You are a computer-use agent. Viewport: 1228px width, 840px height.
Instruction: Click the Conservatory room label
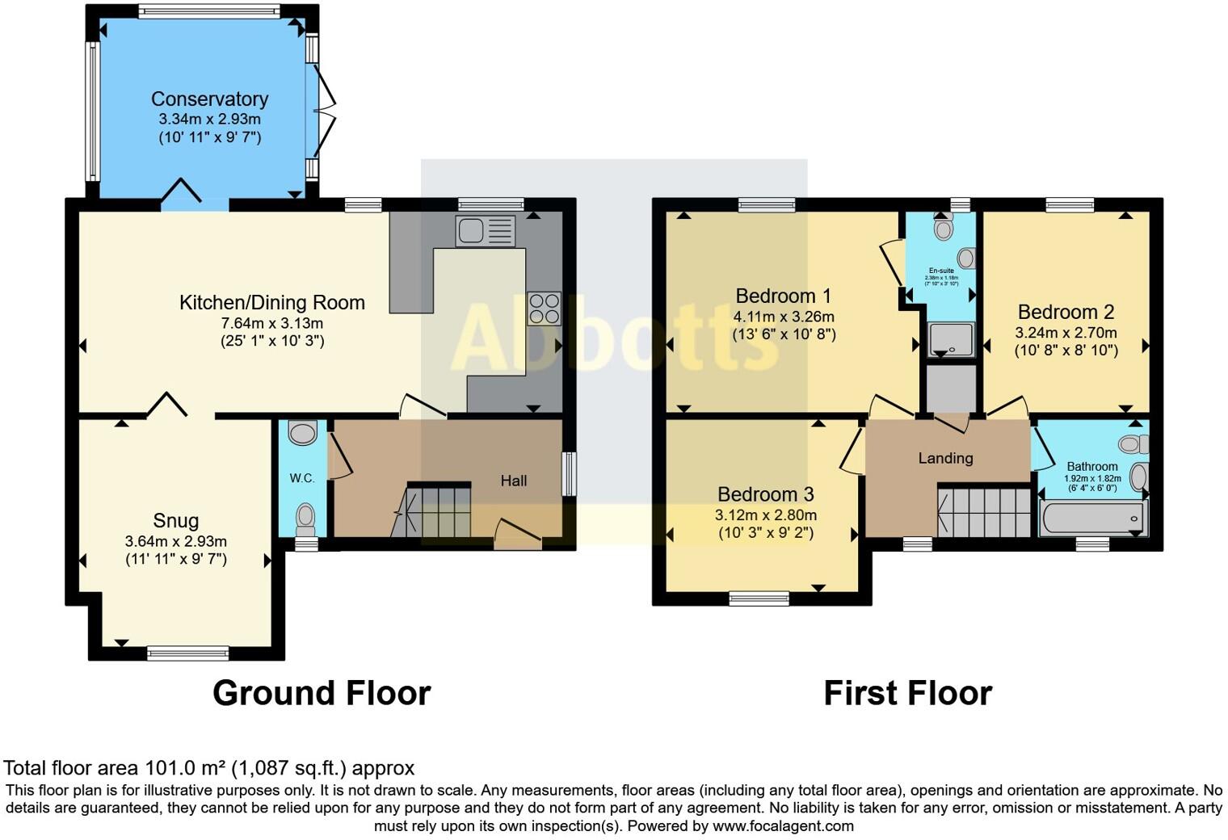(x=209, y=99)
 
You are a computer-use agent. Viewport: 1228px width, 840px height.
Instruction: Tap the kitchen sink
(x=485, y=231)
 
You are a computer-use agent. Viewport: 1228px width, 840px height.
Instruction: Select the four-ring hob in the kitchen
(x=544, y=308)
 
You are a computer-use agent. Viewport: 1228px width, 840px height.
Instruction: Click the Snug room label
(x=175, y=521)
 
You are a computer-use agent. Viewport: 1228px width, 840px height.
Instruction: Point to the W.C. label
(x=302, y=478)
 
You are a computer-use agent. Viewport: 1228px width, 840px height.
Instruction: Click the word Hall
(x=513, y=481)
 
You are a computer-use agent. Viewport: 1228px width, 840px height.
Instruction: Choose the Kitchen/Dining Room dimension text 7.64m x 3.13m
(x=272, y=323)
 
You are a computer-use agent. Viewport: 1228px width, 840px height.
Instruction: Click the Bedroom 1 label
(x=783, y=296)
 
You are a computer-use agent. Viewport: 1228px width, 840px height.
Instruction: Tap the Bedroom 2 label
(x=1066, y=312)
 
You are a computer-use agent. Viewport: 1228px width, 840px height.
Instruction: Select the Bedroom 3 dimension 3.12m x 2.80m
(x=765, y=514)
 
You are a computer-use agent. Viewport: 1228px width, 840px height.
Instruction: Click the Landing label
(x=945, y=458)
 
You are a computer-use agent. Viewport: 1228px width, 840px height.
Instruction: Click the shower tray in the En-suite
(x=951, y=338)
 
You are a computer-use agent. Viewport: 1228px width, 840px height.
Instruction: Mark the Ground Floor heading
(x=322, y=693)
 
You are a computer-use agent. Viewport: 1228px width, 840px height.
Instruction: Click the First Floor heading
(x=907, y=693)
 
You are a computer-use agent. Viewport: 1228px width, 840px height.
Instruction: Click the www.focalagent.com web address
(x=783, y=825)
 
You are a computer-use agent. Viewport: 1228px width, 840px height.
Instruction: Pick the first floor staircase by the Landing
(x=984, y=510)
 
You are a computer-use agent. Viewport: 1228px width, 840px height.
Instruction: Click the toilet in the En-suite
(x=943, y=228)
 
